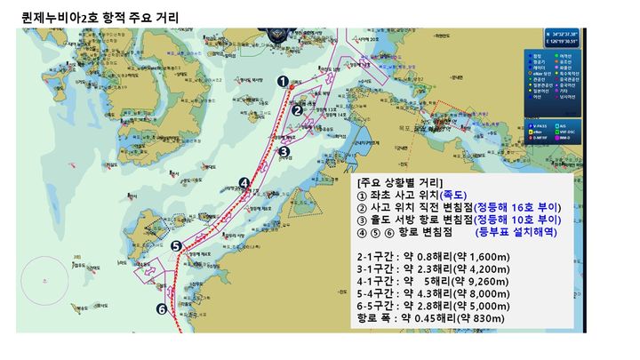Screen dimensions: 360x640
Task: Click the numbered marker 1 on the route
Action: pos(283,81)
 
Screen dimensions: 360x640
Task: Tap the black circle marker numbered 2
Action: pos(298,111)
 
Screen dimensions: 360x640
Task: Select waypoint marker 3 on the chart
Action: pos(284,151)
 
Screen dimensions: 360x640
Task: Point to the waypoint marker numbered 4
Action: pos(244,183)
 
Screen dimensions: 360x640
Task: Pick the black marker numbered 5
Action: pos(176,246)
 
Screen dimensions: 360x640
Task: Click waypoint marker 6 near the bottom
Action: pos(162,309)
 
